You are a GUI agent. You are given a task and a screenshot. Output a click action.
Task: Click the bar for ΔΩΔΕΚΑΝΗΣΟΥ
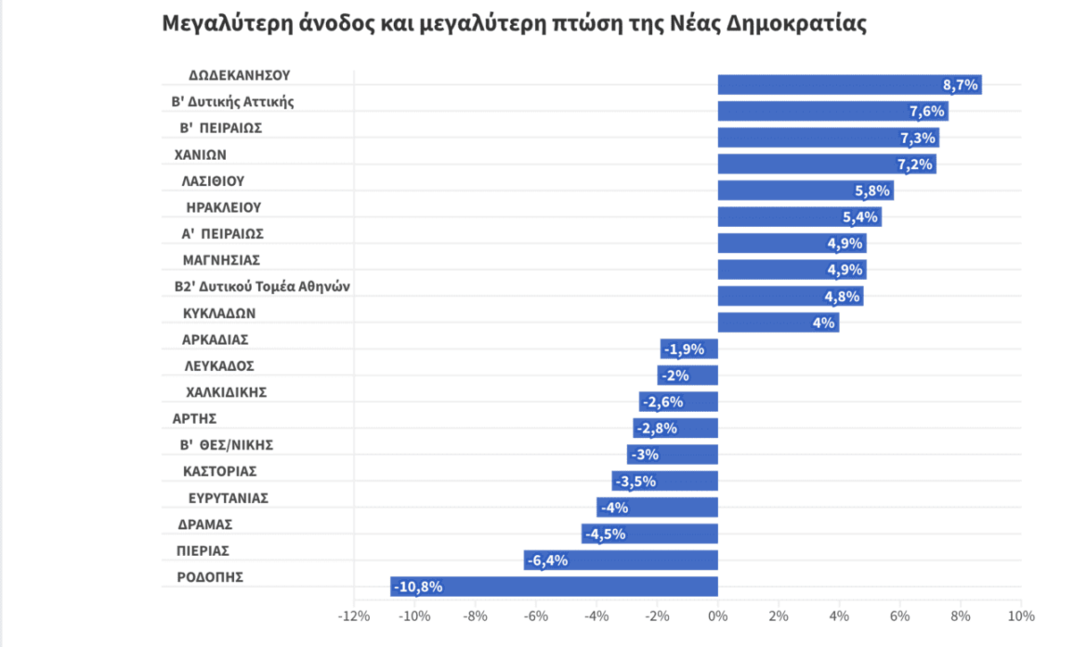pyautogui.click(x=849, y=85)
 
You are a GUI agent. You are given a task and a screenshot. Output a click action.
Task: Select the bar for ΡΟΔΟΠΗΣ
pyautogui.click(x=554, y=587)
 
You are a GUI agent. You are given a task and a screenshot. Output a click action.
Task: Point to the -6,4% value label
pyautogui.click(x=546, y=561)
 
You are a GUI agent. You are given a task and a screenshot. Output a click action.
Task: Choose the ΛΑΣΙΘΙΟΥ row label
pyautogui.click(x=213, y=180)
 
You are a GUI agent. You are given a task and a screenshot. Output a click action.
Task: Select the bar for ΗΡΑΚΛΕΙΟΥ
pyautogui.click(x=799, y=217)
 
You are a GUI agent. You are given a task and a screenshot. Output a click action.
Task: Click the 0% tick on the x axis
pyautogui.click(x=717, y=616)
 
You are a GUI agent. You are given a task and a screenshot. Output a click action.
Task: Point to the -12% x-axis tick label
pyautogui.click(x=354, y=616)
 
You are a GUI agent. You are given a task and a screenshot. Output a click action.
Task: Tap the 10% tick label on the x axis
pyautogui.click(x=1020, y=616)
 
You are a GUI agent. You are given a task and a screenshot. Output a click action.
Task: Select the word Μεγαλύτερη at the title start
pyautogui.click(x=222, y=24)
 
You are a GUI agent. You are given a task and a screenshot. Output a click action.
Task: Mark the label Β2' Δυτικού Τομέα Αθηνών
pyautogui.click(x=261, y=287)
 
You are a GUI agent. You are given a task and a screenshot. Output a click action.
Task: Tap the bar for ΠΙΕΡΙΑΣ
pyautogui.click(x=620, y=561)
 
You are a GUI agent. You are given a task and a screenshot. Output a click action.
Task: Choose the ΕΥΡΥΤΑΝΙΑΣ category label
pyautogui.click(x=228, y=497)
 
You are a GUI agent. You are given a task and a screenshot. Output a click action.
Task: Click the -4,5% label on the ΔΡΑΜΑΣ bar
pyautogui.click(x=605, y=534)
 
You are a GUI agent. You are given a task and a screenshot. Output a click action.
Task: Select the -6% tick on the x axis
pyautogui.click(x=535, y=616)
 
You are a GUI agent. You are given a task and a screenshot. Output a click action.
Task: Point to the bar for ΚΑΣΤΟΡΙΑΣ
pyautogui.click(x=664, y=482)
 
